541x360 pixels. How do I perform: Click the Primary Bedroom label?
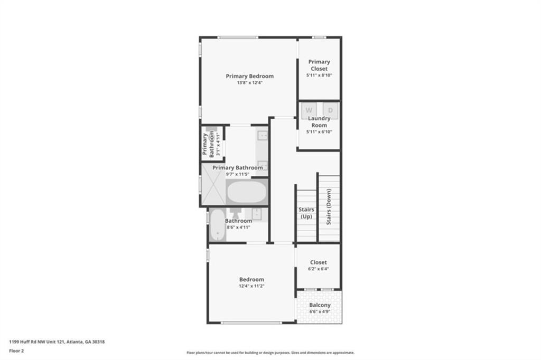249,76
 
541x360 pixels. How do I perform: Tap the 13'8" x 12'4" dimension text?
249,83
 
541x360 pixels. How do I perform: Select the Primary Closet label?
319,65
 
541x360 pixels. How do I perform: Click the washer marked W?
309,110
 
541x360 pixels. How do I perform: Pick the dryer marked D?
331,110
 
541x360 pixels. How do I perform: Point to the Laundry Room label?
319,122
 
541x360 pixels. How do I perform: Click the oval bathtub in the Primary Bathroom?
247,192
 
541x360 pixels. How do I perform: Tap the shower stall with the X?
213,184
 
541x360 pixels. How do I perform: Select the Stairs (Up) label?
306,213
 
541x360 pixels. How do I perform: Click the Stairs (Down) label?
329,206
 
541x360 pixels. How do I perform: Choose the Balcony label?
320,305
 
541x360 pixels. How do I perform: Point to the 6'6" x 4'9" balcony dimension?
320,312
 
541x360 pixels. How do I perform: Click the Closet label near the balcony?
319,262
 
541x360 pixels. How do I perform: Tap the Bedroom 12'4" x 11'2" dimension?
251,286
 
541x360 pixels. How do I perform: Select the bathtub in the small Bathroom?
217,225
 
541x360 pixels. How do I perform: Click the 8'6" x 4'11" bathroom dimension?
238,227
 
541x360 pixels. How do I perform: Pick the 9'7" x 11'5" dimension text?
237,175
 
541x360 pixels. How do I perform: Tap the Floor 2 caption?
16,351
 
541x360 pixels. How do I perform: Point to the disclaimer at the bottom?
270,353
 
